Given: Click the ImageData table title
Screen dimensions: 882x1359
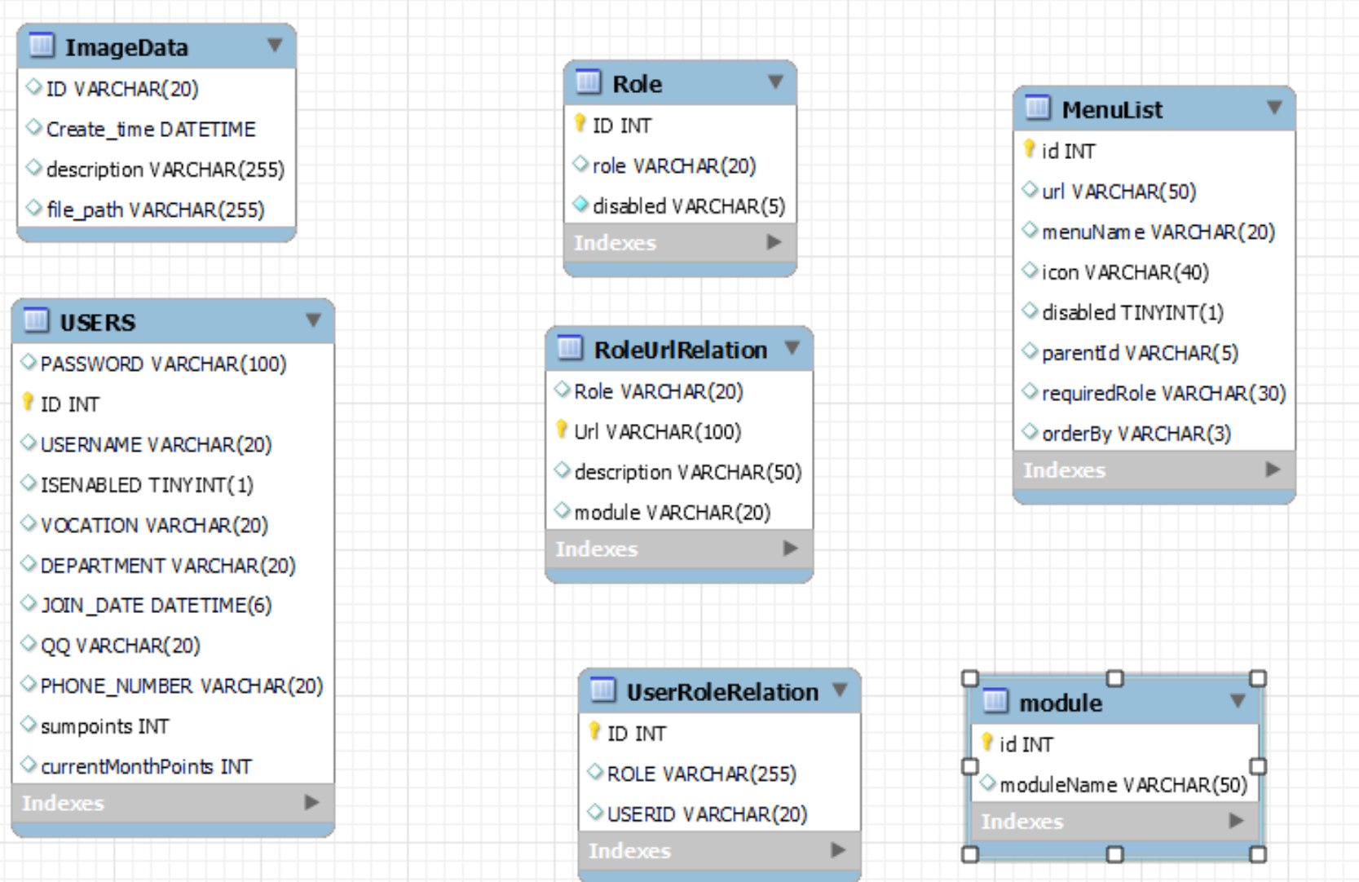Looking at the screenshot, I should pyautogui.click(x=126, y=47).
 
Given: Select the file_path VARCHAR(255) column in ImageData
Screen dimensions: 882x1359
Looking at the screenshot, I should pyautogui.click(x=155, y=210).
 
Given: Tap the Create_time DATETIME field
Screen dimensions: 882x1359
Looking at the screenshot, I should pyautogui.click(x=150, y=130).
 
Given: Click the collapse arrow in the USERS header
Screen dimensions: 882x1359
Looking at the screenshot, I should pyautogui.click(x=313, y=320).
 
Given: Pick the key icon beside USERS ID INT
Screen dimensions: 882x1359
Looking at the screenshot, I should pyautogui.click(x=28, y=402).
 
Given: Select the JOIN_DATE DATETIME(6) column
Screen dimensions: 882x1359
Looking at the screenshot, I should pyautogui.click(x=156, y=606).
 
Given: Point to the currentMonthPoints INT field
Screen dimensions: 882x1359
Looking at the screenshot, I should pyautogui.click(x=146, y=767).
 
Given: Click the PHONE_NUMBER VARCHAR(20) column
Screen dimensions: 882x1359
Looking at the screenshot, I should pyautogui.click(x=181, y=686).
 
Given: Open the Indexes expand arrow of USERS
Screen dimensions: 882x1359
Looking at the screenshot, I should pyautogui.click(x=311, y=802).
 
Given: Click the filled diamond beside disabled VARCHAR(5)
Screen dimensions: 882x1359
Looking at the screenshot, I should pyautogui.click(x=580, y=205).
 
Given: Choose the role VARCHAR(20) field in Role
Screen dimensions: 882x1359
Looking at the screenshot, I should pyautogui.click(x=673, y=166).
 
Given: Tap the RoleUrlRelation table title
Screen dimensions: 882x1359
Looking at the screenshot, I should pyautogui.click(x=680, y=350).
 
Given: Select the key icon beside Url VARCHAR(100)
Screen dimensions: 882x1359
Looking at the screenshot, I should pyautogui.click(x=561, y=429).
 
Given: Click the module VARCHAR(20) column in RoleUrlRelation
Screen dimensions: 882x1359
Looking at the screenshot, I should pyautogui.click(x=672, y=513).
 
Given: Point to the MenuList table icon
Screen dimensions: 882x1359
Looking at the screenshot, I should pyautogui.click(x=1037, y=108).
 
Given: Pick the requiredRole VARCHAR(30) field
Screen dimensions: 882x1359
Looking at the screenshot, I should pyautogui.click(x=1163, y=394).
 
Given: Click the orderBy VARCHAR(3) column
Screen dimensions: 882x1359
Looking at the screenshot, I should pyautogui.click(x=1136, y=434).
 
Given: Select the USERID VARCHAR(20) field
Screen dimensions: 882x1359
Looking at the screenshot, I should pyautogui.click(x=706, y=814).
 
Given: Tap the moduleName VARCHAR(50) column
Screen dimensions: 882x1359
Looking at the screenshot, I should pyautogui.click(x=1123, y=785).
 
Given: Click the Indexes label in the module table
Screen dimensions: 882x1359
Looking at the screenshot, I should pyautogui.click(x=1021, y=822).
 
